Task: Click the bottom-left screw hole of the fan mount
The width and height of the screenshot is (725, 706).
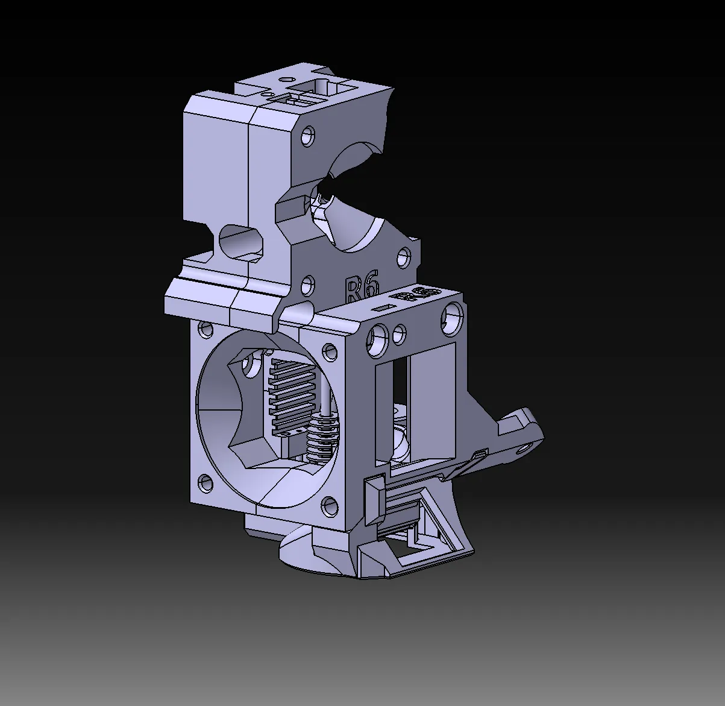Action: click(205, 482)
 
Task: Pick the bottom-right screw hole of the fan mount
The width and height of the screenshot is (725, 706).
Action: click(329, 505)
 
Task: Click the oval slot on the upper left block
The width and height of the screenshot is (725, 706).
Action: click(242, 240)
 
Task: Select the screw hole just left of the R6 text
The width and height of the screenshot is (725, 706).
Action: click(308, 283)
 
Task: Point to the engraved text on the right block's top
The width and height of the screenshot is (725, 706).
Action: click(416, 295)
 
